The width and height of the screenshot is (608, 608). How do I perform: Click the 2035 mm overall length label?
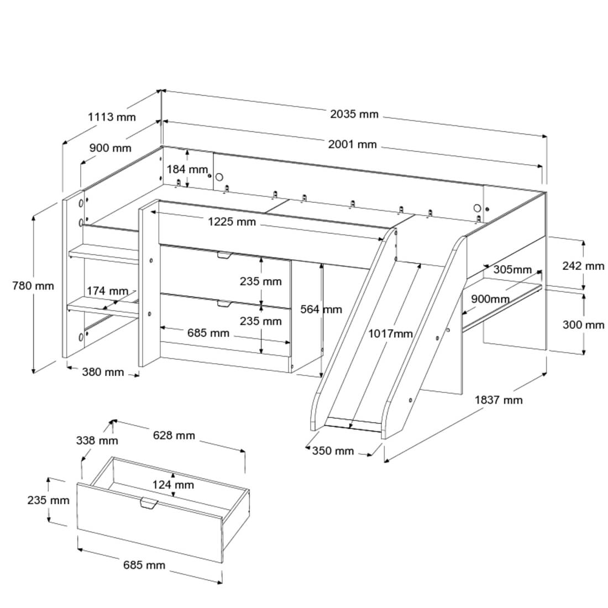click(354, 114)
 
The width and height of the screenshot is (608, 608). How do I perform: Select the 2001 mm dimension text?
click(352, 145)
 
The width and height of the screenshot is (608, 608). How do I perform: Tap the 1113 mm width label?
click(112, 117)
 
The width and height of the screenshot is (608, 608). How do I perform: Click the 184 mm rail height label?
click(188, 169)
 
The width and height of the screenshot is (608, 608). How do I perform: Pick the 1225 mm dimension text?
click(232, 222)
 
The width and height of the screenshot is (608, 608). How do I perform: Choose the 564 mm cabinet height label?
click(321, 310)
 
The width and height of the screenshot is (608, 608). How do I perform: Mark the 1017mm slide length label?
click(391, 333)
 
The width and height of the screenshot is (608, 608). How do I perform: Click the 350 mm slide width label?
click(333, 451)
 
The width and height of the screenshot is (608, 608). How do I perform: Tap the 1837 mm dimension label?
click(499, 400)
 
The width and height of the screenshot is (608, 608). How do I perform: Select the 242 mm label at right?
click(583, 266)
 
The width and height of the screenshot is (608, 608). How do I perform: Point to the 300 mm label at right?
click(583, 325)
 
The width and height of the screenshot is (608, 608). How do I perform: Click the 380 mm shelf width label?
click(103, 372)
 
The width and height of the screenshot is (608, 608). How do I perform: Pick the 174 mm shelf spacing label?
click(107, 291)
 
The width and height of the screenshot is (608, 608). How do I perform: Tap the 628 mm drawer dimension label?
click(174, 436)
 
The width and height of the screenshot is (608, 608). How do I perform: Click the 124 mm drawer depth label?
click(174, 485)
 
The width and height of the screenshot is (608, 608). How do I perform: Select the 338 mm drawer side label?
click(97, 441)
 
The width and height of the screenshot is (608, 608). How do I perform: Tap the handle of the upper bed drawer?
click(224, 255)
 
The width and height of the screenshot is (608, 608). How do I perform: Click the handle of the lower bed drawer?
click(224, 303)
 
